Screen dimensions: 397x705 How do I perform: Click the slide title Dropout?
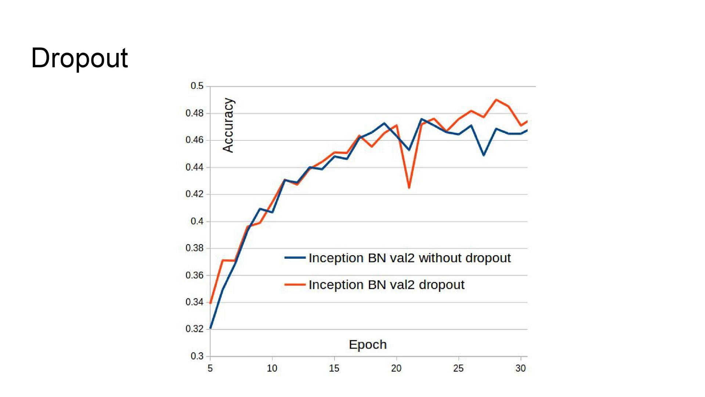coord(79,58)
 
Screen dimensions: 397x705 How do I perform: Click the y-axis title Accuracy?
coord(228,125)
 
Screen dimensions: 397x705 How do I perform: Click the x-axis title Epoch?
coord(368,345)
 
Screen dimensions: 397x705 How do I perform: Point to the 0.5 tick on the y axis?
coord(197,86)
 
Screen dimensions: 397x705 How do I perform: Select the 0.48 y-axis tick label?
coord(195,113)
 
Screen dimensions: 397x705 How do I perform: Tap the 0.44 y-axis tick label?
coord(195,167)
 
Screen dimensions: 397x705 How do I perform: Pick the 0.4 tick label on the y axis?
coord(197,221)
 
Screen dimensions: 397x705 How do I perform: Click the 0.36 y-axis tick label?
coord(195,275)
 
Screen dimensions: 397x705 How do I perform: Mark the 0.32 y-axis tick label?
coord(195,329)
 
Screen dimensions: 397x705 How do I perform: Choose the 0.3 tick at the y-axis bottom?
coord(197,356)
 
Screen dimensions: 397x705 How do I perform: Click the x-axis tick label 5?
coord(210,368)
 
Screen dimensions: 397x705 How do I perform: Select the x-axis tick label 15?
coord(334,368)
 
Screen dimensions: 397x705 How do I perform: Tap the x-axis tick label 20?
coord(396,368)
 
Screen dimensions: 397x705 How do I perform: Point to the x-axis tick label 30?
coord(520,368)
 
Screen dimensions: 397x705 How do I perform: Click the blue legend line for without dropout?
coord(295,258)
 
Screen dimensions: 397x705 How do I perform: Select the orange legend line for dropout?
coord(295,285)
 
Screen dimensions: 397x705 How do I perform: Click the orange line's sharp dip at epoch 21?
coord(409,188)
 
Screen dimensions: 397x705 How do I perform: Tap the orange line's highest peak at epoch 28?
coord(496,100)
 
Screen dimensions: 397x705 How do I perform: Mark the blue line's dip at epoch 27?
coord(484,155)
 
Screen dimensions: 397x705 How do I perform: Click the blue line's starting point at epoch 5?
coord(210,328)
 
